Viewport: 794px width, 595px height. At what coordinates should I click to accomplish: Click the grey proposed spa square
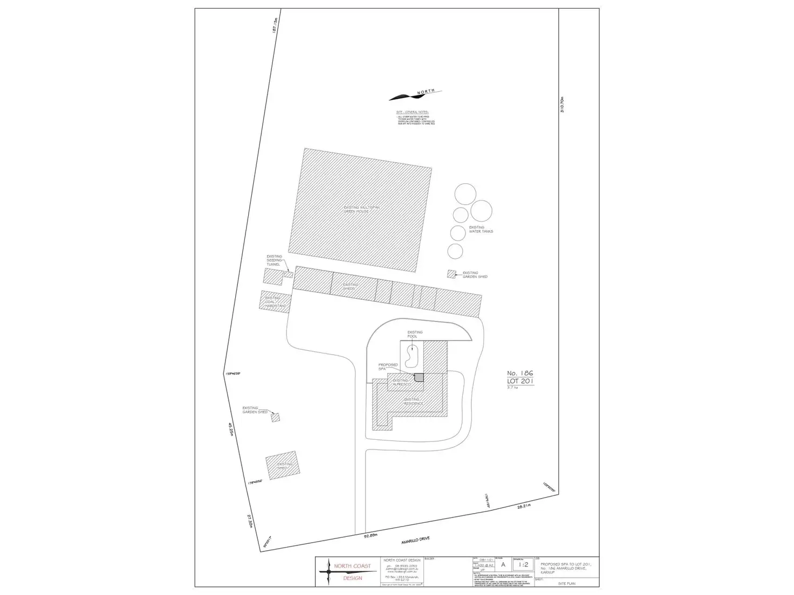click(419, 377)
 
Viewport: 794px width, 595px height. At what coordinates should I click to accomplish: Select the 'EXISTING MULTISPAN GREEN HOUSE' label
click(357, 209)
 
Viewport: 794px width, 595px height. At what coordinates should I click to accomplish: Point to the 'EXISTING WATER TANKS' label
click(481, 230)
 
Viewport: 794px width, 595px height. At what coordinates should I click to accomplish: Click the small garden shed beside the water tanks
click(451, 274)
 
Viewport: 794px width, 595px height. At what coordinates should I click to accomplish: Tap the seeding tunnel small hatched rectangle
click(289, 274)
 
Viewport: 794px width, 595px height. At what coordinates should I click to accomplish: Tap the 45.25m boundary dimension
click(230, 429)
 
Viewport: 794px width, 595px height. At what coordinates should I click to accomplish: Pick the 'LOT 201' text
click(521, 380)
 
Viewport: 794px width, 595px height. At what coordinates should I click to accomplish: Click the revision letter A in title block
click(503, 564)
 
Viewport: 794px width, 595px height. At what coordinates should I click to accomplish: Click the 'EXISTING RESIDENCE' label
click(413, 402)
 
